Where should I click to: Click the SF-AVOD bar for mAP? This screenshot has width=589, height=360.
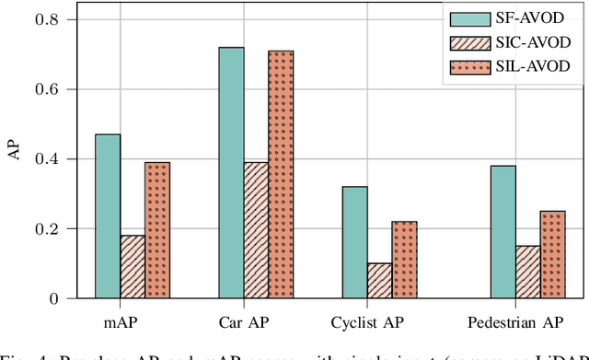pos(108,216)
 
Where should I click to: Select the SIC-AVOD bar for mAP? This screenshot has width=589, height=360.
pos(133,267)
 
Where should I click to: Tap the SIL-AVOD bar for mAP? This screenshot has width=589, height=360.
pos(157,230)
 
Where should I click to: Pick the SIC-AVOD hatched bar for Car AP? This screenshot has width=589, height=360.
pos(256,230)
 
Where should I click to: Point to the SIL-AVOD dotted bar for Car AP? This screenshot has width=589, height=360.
pos(281,175)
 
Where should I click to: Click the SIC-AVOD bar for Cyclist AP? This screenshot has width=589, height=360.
pos(379,281)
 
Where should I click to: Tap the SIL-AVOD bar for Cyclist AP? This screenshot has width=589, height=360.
pos(404,260)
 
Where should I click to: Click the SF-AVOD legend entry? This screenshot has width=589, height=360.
pos(506,19)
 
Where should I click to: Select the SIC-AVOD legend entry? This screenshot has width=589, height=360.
pos(506,42)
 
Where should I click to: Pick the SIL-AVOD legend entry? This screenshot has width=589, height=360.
pos(506,65)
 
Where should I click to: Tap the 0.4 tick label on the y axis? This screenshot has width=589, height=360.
pos(47,158)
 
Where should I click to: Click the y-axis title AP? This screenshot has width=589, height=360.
pos(14,153)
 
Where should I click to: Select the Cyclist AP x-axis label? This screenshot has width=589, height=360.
pos(379,323)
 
